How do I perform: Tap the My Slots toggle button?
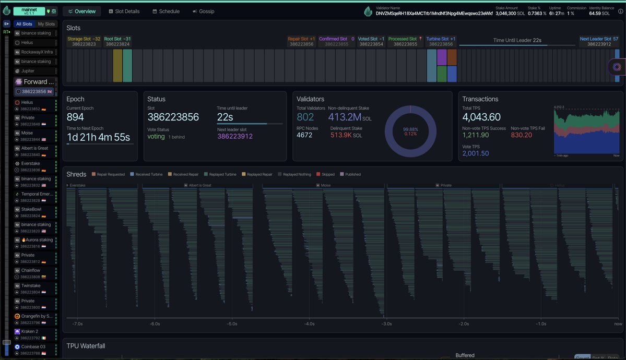46,24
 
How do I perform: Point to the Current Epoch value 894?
75,117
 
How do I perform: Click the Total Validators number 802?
305,117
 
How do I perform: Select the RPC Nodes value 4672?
304,135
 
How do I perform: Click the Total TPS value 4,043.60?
481,117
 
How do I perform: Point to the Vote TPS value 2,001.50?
476,153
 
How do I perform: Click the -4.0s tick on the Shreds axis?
309,323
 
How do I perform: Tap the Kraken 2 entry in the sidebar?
30,331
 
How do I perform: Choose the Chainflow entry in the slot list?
31,270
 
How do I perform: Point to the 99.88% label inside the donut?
410,129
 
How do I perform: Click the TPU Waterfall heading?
86,345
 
